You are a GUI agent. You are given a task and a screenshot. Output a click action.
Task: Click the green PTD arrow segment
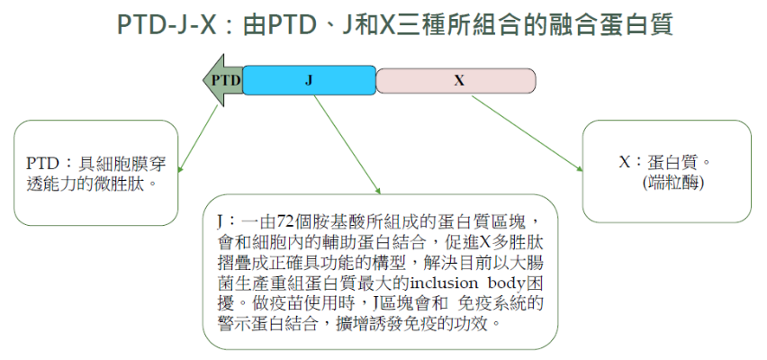(223, 80)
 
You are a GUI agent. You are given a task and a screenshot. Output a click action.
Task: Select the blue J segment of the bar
(309, 80)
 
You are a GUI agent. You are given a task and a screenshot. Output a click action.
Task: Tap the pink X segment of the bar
(456, 81)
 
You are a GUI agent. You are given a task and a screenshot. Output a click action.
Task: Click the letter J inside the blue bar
(309, 80)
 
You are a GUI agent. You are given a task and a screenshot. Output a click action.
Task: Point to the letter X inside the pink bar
(459, 81)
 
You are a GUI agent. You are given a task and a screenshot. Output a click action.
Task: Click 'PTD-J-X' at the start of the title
(167, 25)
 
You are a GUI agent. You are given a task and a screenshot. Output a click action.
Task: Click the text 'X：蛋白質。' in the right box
(665, 162)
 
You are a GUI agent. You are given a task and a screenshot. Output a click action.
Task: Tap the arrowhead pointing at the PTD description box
(179, 169)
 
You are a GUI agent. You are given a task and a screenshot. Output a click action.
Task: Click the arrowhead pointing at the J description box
(377, 191)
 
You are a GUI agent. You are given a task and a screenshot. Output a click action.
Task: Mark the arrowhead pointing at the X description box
(580, 169)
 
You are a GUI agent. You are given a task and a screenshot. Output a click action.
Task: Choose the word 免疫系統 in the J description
(499, 304)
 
